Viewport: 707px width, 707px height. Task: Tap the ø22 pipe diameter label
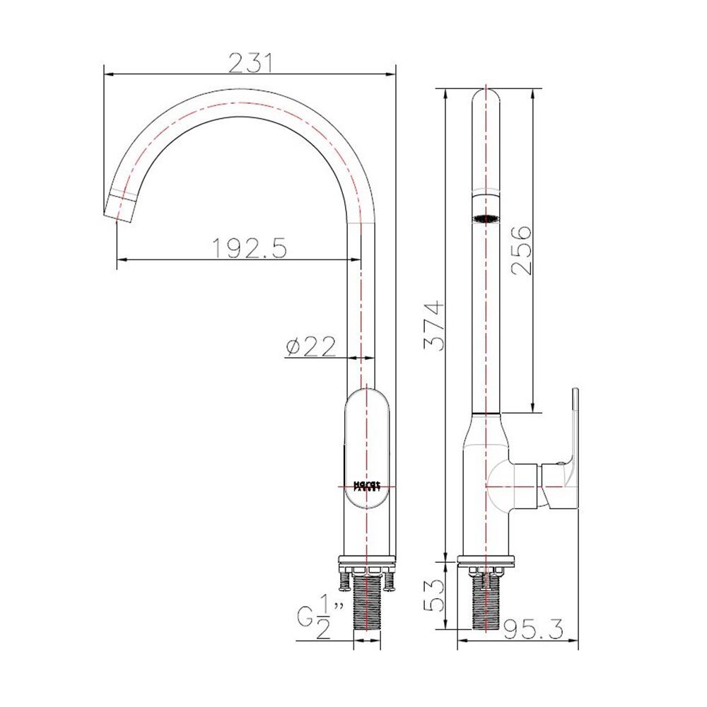pyautogui.click(x=311, y=347)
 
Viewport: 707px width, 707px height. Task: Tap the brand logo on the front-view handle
pyautogui.click(x=367, y=486)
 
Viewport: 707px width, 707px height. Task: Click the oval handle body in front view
pyautogui.click(x=367, y=452)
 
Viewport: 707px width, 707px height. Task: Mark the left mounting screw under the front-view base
pyautogui.click(x=344, y=580)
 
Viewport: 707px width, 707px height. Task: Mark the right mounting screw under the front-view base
pyautogui.click(x=390, y=580)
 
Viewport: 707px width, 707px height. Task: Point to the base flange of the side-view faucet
pyautogui.click(x=486, y=563)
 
